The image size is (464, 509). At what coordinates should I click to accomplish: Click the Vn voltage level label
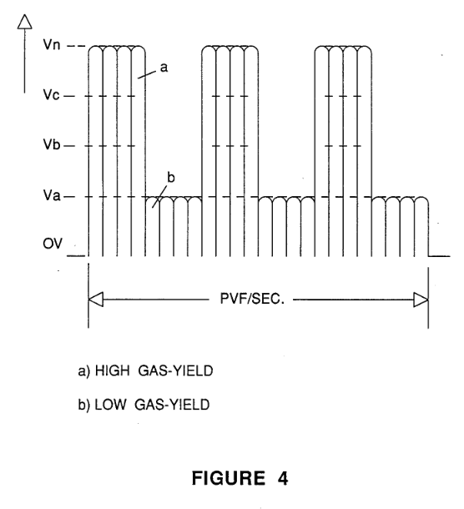[52, 44]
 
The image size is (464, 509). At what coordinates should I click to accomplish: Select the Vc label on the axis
[51, 95]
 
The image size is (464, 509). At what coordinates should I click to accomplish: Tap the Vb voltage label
[52, 144]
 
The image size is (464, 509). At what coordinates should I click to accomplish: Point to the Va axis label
[52, 195]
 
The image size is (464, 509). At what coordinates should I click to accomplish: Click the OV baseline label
[53, 244]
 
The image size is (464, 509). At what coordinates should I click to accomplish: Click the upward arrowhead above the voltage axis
[25, 22]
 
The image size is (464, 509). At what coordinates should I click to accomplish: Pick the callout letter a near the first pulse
[164, 68]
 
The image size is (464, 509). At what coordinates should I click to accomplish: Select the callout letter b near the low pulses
[171, 178]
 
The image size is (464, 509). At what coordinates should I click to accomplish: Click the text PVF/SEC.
[252, 299]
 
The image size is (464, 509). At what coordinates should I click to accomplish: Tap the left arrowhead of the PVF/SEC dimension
[96, 300]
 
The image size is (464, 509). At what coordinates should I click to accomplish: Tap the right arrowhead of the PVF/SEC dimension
[421, 300]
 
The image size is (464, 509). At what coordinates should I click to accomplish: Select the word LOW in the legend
[110, 405]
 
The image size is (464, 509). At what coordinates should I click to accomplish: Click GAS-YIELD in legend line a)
[175, 370]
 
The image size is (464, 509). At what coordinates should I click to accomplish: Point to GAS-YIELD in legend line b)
[172, 405]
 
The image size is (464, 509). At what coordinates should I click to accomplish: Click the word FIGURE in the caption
[229, 478]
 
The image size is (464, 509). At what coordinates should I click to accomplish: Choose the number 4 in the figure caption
[283, 478]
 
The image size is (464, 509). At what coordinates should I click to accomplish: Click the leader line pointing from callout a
[147, 74]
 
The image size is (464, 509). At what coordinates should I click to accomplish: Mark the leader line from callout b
[159, 197]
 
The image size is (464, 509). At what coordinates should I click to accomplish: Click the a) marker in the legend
[83, 371]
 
